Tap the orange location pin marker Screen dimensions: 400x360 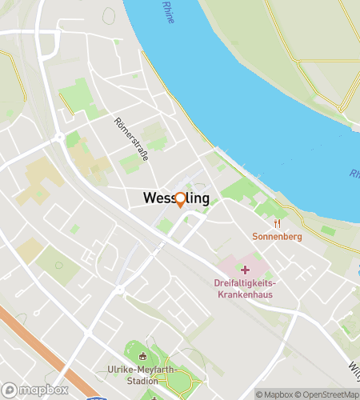(x=180, y=200)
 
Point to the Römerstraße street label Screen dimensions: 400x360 (x=131, y=139)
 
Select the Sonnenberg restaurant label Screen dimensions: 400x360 (x=277, y=237)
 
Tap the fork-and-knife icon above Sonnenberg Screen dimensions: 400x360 (x=277, y=223)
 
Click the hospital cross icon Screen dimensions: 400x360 (x=245, y=270)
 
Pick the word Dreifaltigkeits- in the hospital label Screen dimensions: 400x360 (x=245, y=283)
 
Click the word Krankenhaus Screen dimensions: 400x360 (x=245, y=294)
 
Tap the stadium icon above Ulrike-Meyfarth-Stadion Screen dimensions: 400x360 (x=142, y=357)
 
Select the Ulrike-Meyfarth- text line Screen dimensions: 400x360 (x=142, y=370)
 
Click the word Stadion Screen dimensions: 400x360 (x=142, y=381)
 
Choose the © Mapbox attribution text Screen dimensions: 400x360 (x=273, y=394)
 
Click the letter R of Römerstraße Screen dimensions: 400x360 (x=118, y=122)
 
